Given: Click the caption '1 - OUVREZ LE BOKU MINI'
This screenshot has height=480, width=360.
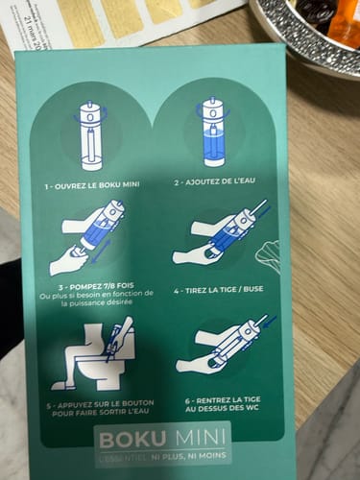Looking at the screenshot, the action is pos(92,185).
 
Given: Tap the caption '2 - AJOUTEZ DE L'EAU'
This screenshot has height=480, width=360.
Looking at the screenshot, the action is pos(215,181).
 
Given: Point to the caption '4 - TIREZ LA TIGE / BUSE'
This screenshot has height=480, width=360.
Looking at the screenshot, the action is pos(219,290).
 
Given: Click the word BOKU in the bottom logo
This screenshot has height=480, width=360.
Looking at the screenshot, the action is pos(132,440).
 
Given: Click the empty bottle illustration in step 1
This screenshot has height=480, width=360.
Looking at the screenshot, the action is pos(90,135).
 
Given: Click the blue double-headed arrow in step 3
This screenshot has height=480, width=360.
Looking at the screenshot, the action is pos(102,252).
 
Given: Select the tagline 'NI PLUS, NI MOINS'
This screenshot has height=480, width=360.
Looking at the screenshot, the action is pos(194,456).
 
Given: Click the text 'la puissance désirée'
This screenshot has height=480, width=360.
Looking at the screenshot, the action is pos(97,302).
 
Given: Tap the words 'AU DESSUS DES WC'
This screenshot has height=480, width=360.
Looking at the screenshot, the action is pos(222,408).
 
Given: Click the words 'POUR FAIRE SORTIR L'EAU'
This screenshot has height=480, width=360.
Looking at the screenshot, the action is pos(101,412).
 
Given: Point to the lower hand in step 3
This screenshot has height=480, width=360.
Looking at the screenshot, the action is pos(67,261).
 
